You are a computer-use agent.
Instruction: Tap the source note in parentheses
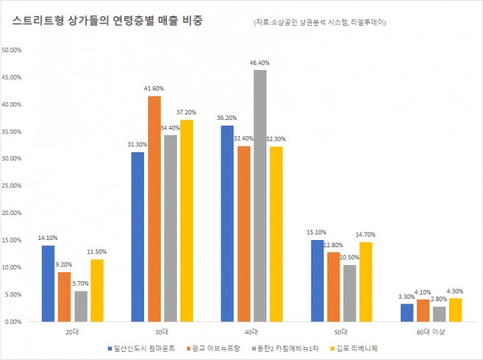click(x=319, y=23)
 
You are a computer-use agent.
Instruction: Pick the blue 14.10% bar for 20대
click(x=48, y=283)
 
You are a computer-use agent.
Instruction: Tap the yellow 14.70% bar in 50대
click(x=365, y=281)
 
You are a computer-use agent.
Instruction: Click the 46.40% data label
click(x=259, y=63)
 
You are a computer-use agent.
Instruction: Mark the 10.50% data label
click(x=349, y=257)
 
